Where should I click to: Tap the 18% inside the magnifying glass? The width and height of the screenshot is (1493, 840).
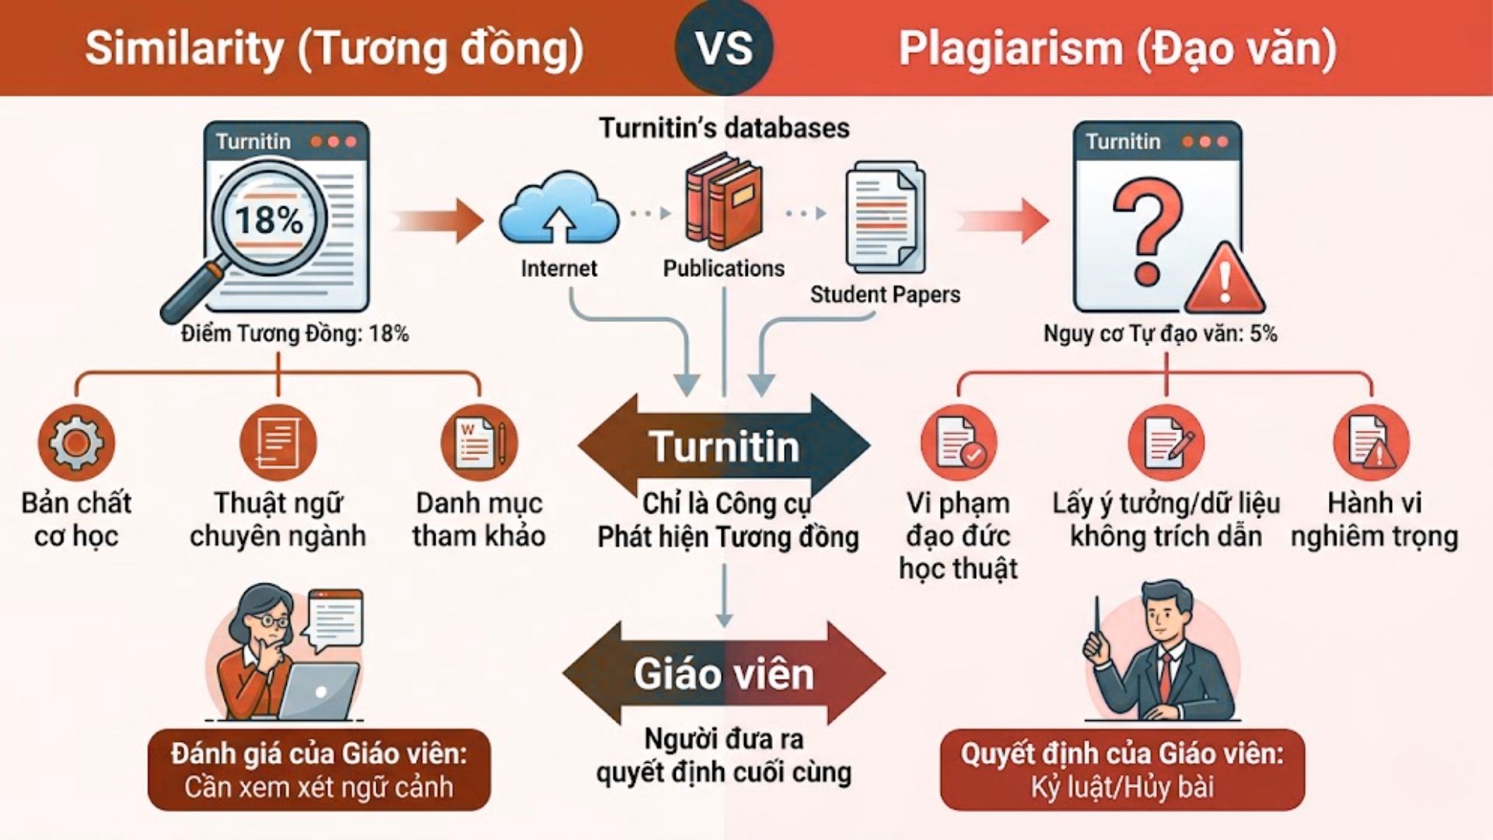[x=269, y=219]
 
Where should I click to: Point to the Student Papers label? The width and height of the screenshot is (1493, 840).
[x=885, y=294]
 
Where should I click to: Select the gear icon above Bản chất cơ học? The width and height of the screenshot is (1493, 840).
[x=75, y=442]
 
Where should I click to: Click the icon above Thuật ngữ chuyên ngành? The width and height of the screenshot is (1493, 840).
[x=278, y=442]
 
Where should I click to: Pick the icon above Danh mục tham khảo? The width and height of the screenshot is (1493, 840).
[x=479, y=442]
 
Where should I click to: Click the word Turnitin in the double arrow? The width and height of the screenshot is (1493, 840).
[x=724, y=446]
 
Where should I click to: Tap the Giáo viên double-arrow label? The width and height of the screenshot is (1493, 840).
[x=724, y=674]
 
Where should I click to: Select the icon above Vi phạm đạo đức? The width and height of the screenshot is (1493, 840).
[x=959, y=442]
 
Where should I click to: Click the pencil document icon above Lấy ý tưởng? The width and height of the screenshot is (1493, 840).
[x=1166, y=442]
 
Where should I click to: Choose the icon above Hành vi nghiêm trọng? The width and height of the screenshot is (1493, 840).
[x=1372, y=442]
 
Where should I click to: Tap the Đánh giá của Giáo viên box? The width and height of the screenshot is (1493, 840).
[x=319, y=770]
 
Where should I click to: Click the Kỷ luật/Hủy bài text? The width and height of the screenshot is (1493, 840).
[x=1122, y=787]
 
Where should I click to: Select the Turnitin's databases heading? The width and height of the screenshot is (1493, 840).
[x=724, y=128]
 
